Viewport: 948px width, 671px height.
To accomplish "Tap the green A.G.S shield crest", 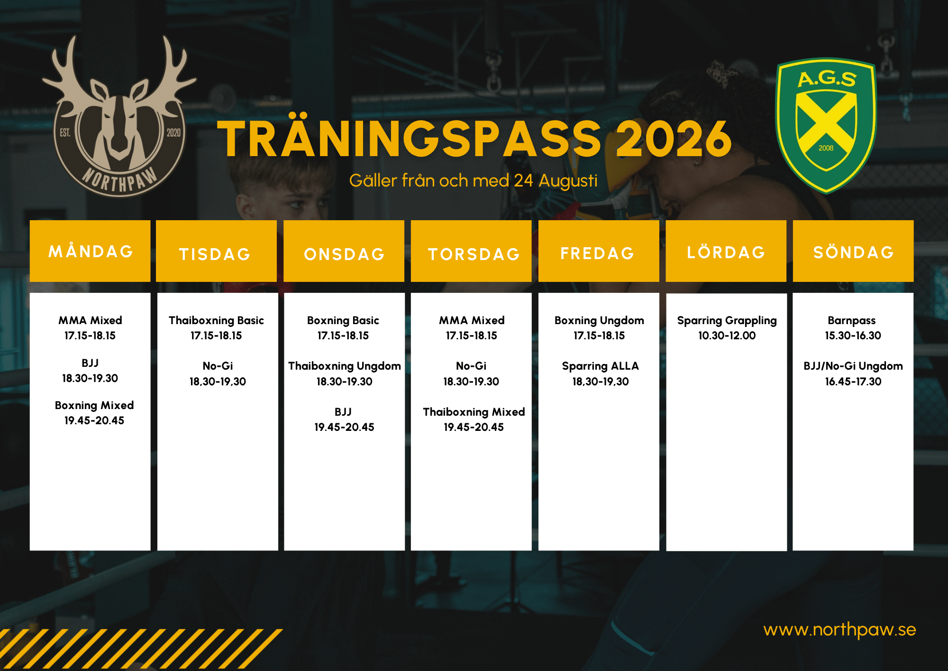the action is pyautogui.click(x=826, y=126).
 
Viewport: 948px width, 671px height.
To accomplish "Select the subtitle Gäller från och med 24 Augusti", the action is pyautogui.click(x=473, y=181).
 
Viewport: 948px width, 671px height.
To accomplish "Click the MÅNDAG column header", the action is pyautogui.click(x=90, y=251).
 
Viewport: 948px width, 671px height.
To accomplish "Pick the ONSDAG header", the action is pyautogui.click(x=344, y=251).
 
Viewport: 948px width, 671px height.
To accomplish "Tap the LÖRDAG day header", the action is pyautogui.click(x=726, y=251).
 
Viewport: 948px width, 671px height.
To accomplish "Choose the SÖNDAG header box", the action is pyautogui.click(x=853, y=251).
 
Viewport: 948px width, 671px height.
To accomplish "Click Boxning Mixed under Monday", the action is pyautogui.click(x=94, y=405).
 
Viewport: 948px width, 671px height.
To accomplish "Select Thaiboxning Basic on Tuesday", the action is pyautogui.click(x=216, y=320).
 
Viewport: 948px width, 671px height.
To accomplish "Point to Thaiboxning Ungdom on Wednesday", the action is pyautogui.click(x=345, y=366).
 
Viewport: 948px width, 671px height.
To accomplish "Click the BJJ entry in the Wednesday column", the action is pyautogui.click(x=343, y=412).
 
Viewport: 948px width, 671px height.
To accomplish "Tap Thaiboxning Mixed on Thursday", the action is pyautogui.click(x=474, y=412).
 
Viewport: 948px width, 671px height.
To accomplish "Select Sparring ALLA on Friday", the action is pyautogui.click(x=601, y=366).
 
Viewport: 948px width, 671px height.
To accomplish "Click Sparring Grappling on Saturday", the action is pyautogui.click(x=727, y=321).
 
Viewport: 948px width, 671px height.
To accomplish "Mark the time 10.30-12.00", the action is pyautogui.click(x=727, y=335).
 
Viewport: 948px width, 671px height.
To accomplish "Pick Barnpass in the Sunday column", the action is pyautogui.click(x=852, y=321).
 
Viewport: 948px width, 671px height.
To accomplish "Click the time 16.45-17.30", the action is pyautogui.click(x=853, y=382).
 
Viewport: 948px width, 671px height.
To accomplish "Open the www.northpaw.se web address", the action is pyautogui.click(x=839, y=630).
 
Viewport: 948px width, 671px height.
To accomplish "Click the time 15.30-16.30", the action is pyautogui.click(x=853, y=335).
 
